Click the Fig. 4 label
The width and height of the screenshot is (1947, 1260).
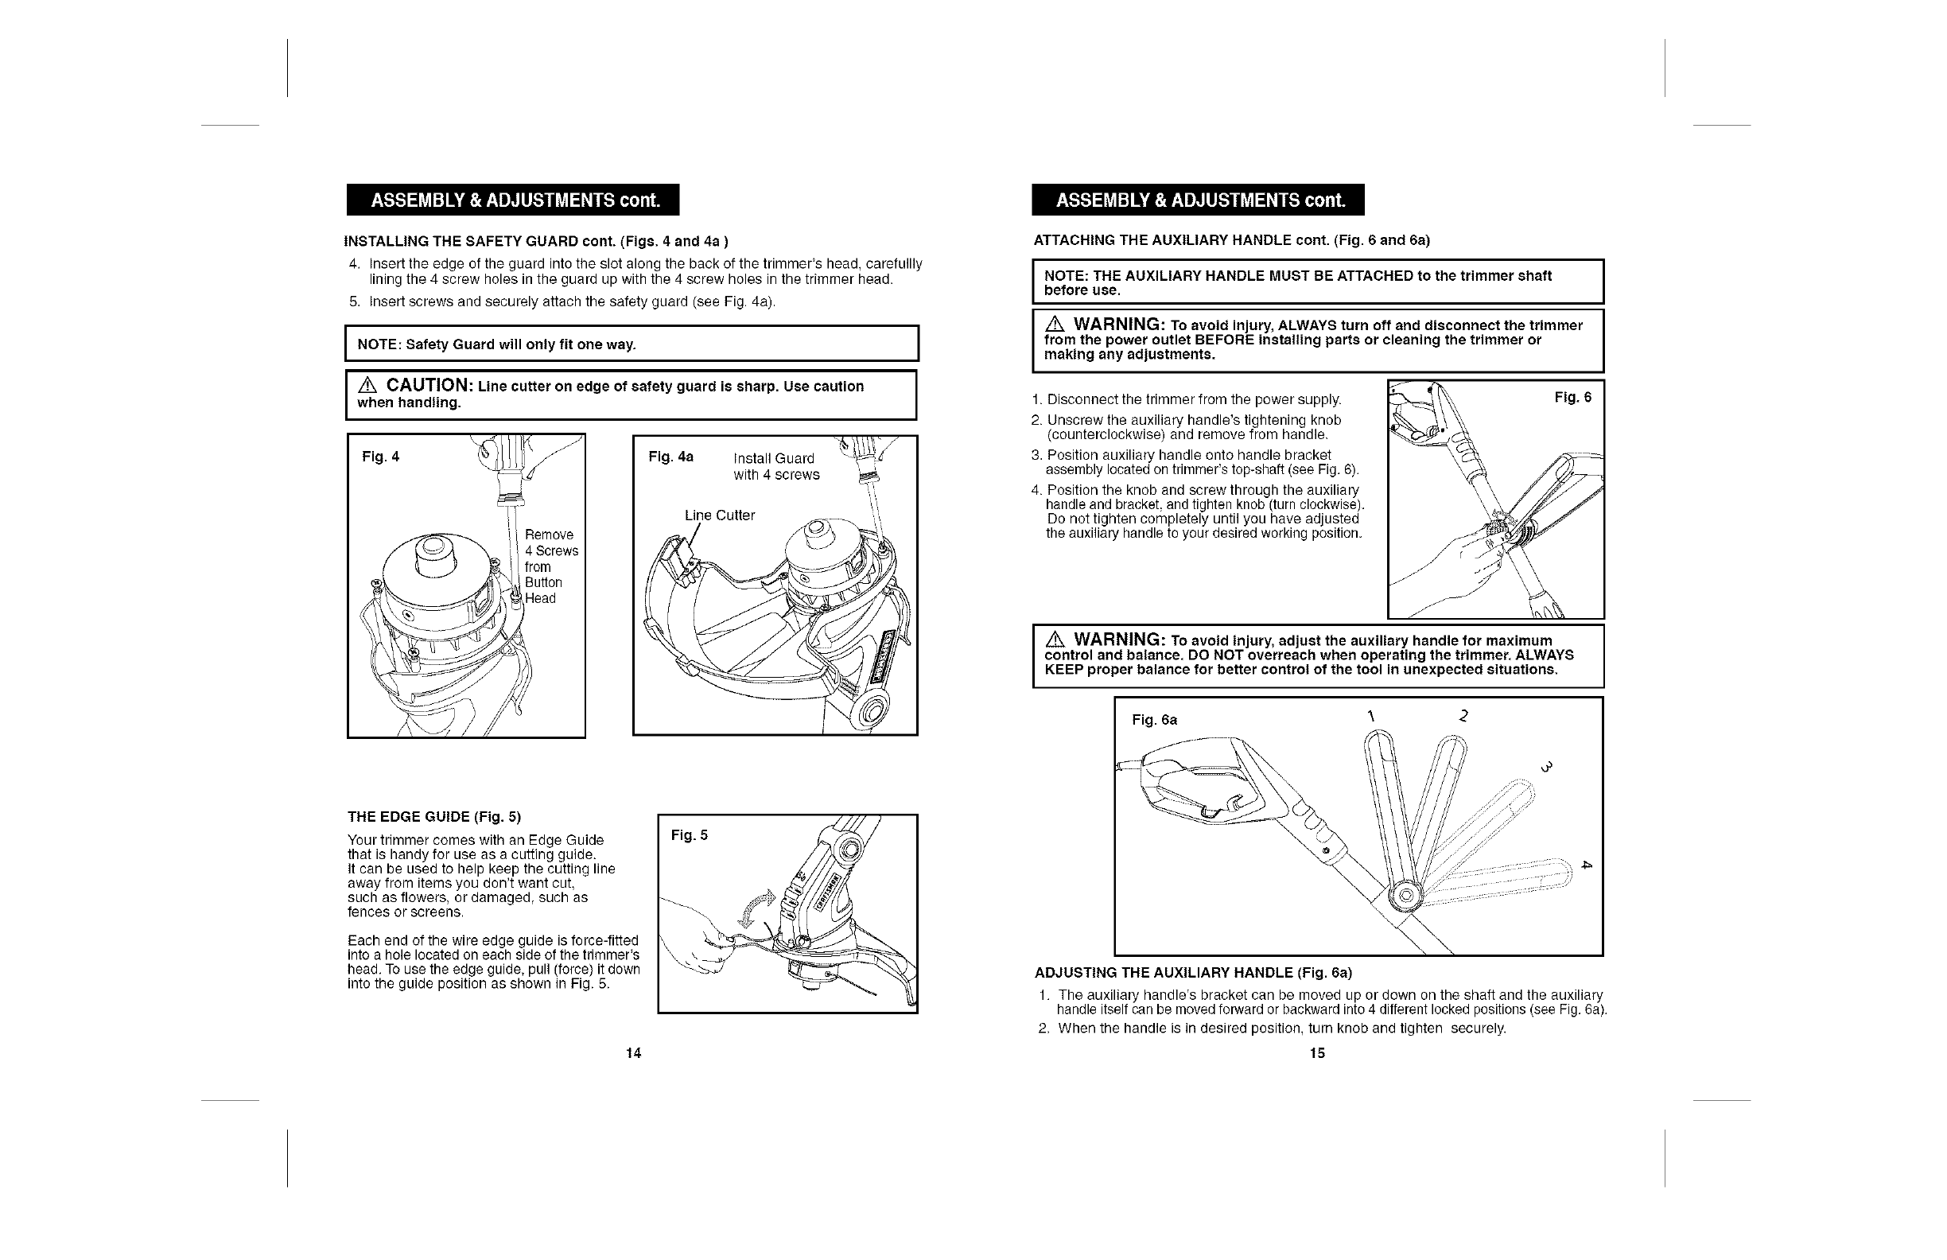click(380, 457)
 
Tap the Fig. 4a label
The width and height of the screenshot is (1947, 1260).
click(670, 457)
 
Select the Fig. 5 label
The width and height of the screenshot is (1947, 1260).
click(689, 835)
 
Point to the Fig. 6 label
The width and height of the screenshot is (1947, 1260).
click(1572, 398)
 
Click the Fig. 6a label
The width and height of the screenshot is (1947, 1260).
click(1154, 720)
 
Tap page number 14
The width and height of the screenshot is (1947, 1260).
click(633, 1053)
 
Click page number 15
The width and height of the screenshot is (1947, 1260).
click(1317, 1053)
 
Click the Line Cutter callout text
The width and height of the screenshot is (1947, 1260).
click(719, 515)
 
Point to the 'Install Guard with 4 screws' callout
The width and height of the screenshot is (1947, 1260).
click(775, 466)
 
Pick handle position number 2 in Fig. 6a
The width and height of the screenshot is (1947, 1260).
click(1463, 716)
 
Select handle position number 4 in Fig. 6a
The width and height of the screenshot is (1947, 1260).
click(1586, 865)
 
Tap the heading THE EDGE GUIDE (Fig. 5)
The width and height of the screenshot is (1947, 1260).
click(433, 817)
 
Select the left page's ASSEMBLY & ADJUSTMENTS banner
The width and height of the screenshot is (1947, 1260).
click(513, 200)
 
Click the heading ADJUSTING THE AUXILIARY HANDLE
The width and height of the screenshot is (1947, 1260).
click(1193, 973)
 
